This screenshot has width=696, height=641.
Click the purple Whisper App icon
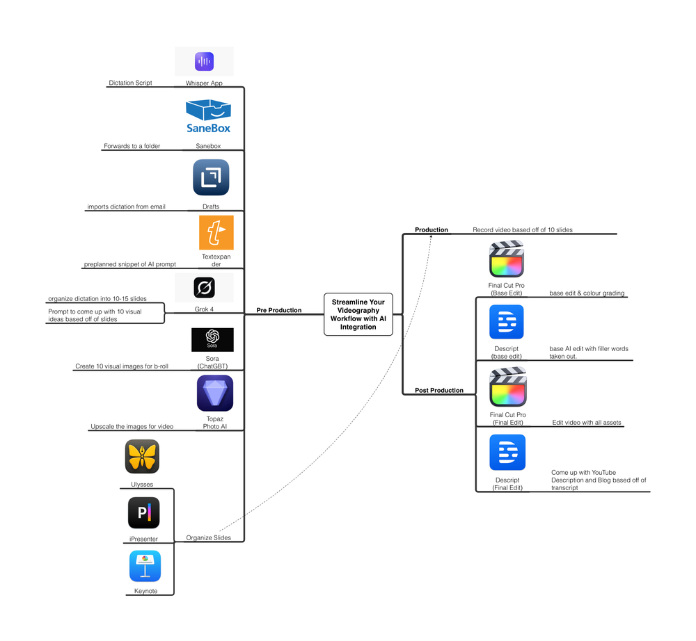click(x=204, y=61)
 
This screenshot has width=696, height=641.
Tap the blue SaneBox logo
click(x=208, y=116)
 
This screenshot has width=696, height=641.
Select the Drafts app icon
click(x=211, y=178)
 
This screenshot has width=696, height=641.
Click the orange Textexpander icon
click(x=216, y=233)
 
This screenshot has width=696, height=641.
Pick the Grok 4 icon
click(x=204, y=287)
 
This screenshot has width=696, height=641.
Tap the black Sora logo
click(x=212, y=340)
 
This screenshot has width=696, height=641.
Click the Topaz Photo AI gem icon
click(x=215, y=393)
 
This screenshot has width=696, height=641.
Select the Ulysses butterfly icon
click(x=142, y=457)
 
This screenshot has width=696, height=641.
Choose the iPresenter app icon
click(x=144, y=513)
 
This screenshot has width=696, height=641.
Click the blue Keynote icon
click(x=145, y=566)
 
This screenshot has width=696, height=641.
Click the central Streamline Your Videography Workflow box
click(x=358, y=314)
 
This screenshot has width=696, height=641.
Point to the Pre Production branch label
click(x=279, y=310)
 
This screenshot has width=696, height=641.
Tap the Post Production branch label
click(x=438, y=391)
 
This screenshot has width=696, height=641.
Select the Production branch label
click(x=432, y=229)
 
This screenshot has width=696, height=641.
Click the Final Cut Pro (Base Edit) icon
click(x=507, y=259)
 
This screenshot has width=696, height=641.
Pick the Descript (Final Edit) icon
click(x=507, y=453)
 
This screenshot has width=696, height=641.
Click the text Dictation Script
click(x=130, y=83)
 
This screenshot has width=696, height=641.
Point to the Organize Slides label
click(x=208, y=537)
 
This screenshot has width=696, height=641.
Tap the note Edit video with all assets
click(x=586, y=423)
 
